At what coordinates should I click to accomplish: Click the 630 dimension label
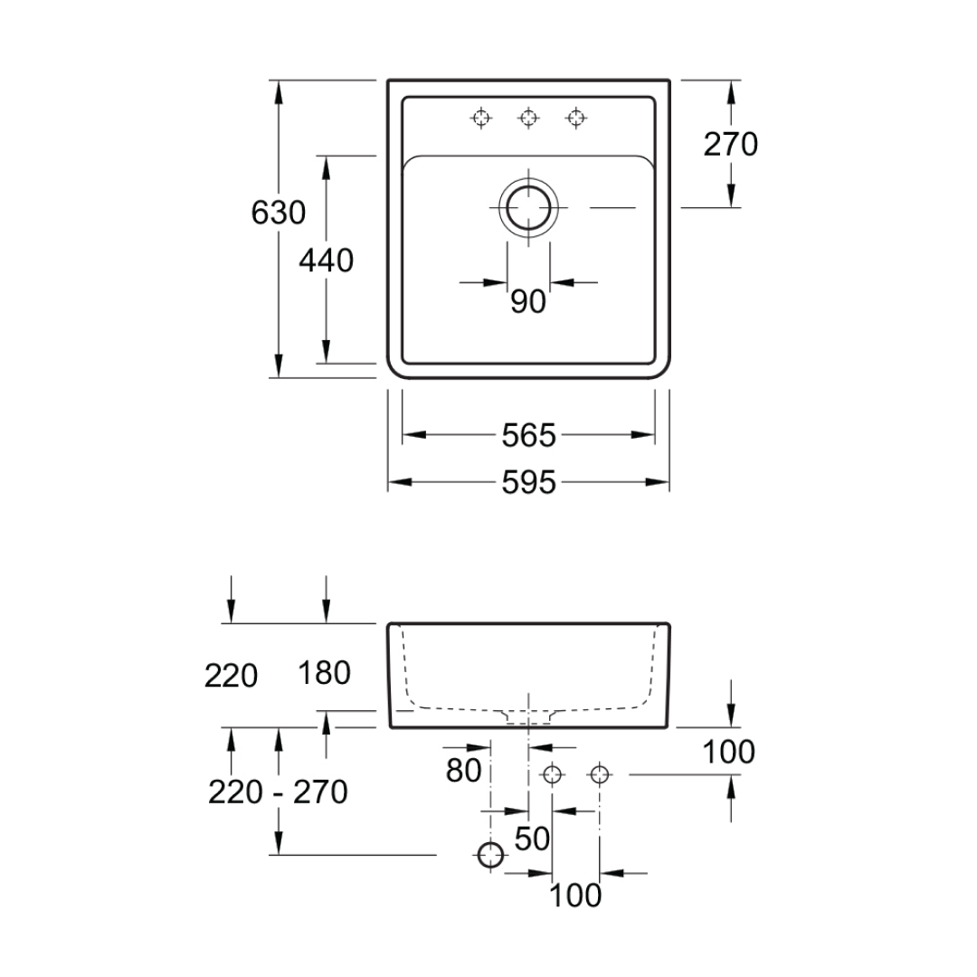click(278, 213)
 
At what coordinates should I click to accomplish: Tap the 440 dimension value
click(326, 261)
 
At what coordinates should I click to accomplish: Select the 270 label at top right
click(730, 144)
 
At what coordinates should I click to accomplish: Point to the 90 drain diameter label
click(528, 301)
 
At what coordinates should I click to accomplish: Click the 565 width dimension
click(528, 435)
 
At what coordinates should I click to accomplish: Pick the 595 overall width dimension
click(528, 482)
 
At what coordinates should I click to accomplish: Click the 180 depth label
click(324, 673)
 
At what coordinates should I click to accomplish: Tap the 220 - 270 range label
click(278, 792)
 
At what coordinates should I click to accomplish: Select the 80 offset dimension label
click(463, 770)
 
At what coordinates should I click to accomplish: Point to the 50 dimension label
click(532, 839)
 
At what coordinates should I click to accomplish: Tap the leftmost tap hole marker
click(481, 117)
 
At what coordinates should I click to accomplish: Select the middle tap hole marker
click(528, 117)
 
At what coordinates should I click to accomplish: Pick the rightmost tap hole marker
click(575, 117)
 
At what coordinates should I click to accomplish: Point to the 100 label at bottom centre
click(575, 896)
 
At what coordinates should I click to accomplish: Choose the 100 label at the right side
click(728, 752)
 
